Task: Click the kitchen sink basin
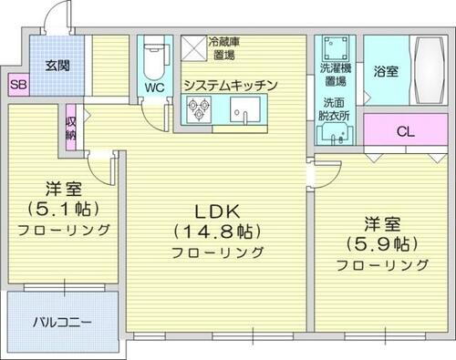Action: (x=244, y=111)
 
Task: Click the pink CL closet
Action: (x=404, y=131)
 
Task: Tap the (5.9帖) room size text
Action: (x=380, y=243)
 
